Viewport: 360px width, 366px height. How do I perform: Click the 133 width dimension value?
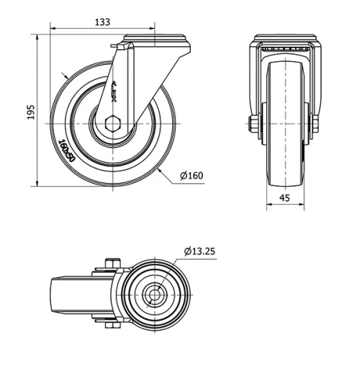(102, 22)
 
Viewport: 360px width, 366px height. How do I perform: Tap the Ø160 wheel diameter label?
(191, 174)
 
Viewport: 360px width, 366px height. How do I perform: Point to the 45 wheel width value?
(286, 197)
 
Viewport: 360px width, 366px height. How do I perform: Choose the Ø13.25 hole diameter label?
(199, 251)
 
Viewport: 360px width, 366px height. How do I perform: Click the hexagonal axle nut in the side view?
(115, 124)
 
